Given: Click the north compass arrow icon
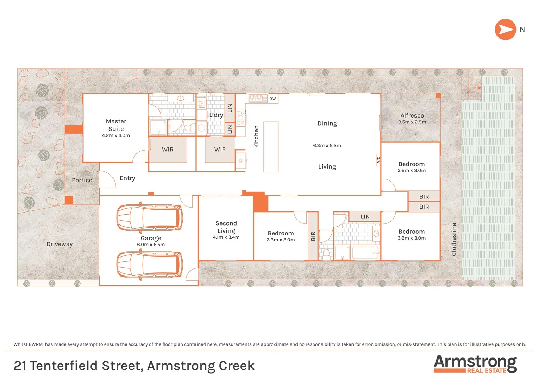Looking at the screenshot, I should coord(505,30).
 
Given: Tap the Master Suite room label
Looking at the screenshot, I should coord(116,125).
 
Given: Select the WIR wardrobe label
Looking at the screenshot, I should coord(168,150).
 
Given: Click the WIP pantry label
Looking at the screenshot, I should coord(220,150).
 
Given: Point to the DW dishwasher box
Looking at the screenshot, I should coord(273,99).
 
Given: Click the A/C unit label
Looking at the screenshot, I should coord(379,160).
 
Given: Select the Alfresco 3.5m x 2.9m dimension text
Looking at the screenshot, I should coord(412,122).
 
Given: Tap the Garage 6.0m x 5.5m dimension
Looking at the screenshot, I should coord(151,245).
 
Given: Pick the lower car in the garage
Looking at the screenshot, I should coord(150,265).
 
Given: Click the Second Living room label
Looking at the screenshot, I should coord(226,227).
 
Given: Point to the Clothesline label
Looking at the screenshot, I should coord(454,239).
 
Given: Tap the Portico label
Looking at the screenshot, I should coord(82,180).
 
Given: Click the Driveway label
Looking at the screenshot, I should coord(60,244).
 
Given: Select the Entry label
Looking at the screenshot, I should coord(127,178).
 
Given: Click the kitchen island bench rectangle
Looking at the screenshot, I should coord(271,147).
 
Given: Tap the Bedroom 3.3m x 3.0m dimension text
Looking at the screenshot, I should coord(281,240).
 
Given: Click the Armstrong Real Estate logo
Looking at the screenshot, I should coord(475,364).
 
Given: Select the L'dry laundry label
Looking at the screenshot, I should coord(216,115).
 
